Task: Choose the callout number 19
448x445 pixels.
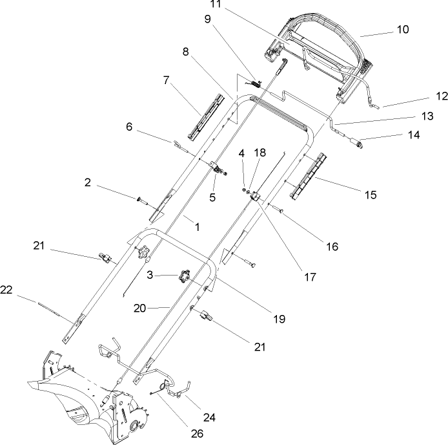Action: pyautogui.click(x=279, y=319)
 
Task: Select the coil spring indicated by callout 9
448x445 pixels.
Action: pyautogui.click(x=256, y=82)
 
